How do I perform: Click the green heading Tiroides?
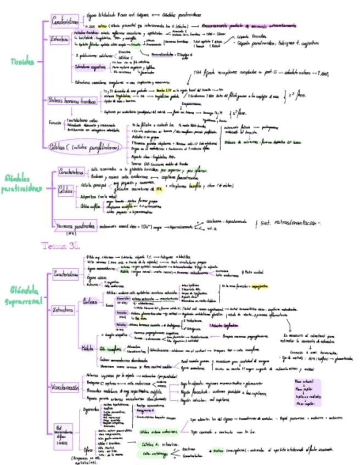pyautogui.click(x=21, y=61)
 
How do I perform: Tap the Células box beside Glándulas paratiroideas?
pyautogui.click(x=65, y=190)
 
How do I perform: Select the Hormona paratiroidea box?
pyautogui.click(x=75, y=225)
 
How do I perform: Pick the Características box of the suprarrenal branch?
pyautogui.click(x=67, y=275)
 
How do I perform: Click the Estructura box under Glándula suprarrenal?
pyautogui.click(x=62, y=310)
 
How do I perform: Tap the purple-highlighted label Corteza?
pyautogui.click(x=90, y=300)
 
